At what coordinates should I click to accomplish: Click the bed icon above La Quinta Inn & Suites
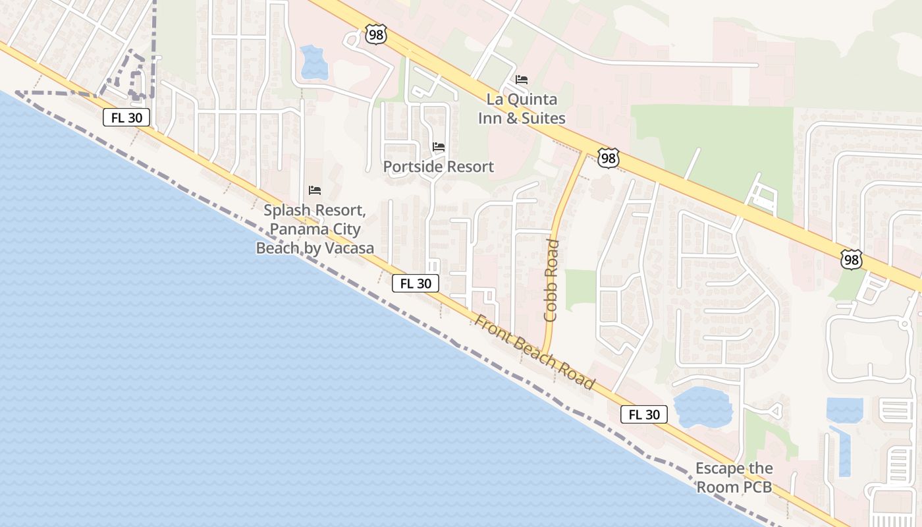(522, 80)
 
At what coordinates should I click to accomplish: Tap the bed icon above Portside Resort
(439, 146)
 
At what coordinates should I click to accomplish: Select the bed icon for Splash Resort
(315, 190)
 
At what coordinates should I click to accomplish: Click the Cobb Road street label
(551, 281)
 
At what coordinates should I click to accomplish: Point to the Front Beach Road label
(535, 353)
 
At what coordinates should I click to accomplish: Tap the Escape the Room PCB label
(734, 478)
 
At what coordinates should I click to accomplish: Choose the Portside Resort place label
(439, 167)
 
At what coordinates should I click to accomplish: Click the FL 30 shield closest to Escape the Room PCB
(644, 414)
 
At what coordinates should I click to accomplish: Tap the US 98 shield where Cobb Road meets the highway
(609, 157)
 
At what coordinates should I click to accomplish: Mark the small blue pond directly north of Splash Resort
(313, 62)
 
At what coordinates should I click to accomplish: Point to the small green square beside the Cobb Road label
(580, 290)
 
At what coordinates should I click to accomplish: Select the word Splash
(288, 211)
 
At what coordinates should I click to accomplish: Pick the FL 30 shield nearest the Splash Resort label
(416, 283)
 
